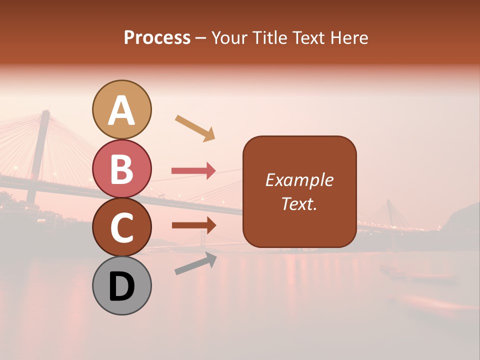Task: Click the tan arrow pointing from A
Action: [x=195, y=127]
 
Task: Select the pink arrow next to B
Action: [x=193, y=171]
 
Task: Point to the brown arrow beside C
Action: [x=193, y=225]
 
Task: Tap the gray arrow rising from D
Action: [x=195, y=263]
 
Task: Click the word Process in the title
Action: [x=157, y=38]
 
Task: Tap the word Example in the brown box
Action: [x=299, y=180]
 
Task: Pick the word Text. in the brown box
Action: [x=299, y=203]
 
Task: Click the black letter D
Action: [x=121, y=286]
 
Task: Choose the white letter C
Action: [x=121, y=228]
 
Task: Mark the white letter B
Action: [x=121, y=169]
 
